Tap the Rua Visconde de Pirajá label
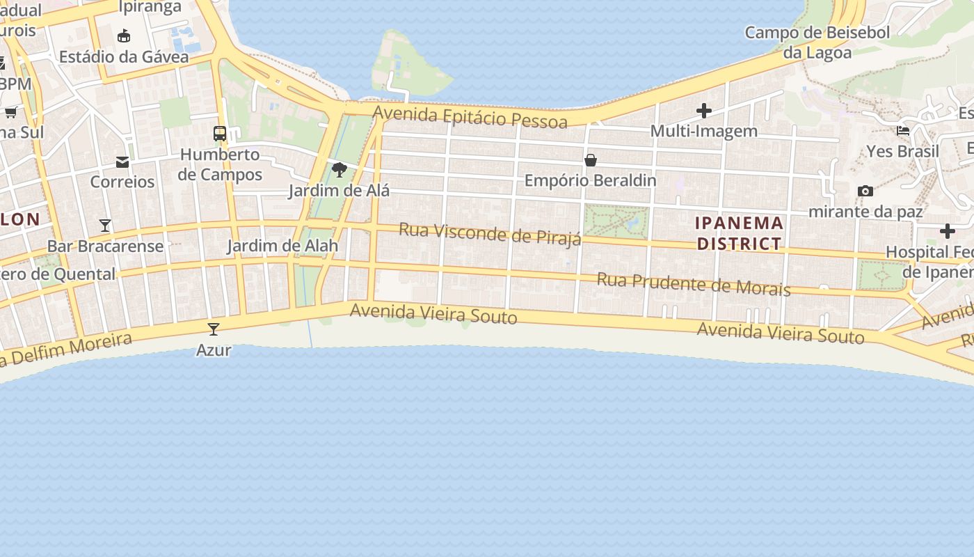(x=490, y=234)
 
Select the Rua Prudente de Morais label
(x=694, y=284)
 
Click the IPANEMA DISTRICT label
(x=740, y=233)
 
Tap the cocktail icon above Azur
(x=214, y=329)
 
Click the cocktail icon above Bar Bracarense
(x=105, y=226)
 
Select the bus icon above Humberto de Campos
(x=220, y=133)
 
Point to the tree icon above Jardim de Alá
(x=340, y=170)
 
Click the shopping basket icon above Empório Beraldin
(x=591, y=160)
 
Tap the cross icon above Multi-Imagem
(x=704, y=111)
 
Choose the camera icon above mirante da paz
(x=865, y=191)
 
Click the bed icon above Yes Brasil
(x=903, y=130)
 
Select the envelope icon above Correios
(x=122, y=162)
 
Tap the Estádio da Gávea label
(x=124, y=56)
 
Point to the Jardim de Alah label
(x=282, y=245)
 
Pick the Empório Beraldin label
(x=590, y=180)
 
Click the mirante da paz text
(x=865, y=211)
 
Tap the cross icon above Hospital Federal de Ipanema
(x=947, y=231)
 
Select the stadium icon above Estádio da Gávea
(x=124, y=36)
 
